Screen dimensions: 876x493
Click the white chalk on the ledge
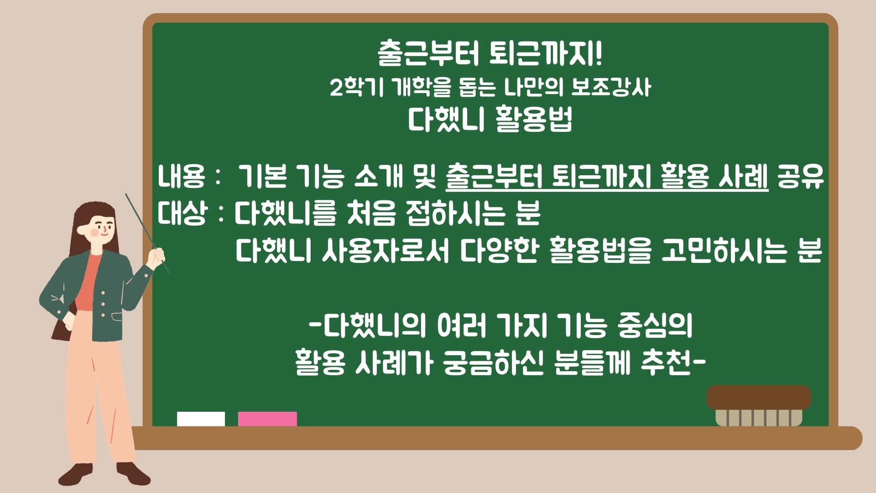point(201,419)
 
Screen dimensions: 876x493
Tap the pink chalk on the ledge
point(267,419)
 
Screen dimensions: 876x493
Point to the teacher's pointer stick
point(147,233)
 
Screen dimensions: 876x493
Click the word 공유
point(801,177)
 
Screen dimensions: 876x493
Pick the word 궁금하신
point(493,364)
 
